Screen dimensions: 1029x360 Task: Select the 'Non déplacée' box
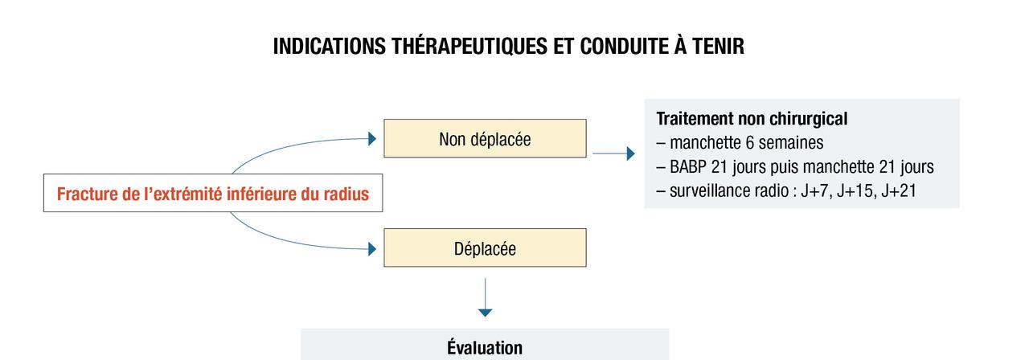pyautogui.click(x=485, y=138)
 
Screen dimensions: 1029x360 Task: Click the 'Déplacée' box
pyautogui.click(x=485, y=247)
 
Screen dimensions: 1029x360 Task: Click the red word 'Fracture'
pyautogui.click(x=87, y=194)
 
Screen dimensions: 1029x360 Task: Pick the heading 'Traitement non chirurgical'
pyautogui.click(x=752, y=118)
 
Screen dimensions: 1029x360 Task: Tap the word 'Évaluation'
pyautogui.click(x=485, y=347)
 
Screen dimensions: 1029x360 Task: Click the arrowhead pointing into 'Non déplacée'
pyautogui.click(x=372, y=139)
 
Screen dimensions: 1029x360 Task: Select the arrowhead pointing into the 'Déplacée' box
pyautogui.click(x=372, y=249)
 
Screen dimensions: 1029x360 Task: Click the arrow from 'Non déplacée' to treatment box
pyautogui.click(x=613, y=153)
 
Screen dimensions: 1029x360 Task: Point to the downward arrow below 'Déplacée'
pyautogui.click(x=485, y=297)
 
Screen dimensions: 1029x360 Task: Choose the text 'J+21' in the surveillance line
pyautogui.click(x=899, y=190)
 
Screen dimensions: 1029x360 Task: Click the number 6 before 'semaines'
pyautogui.click(x=748, y=143)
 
